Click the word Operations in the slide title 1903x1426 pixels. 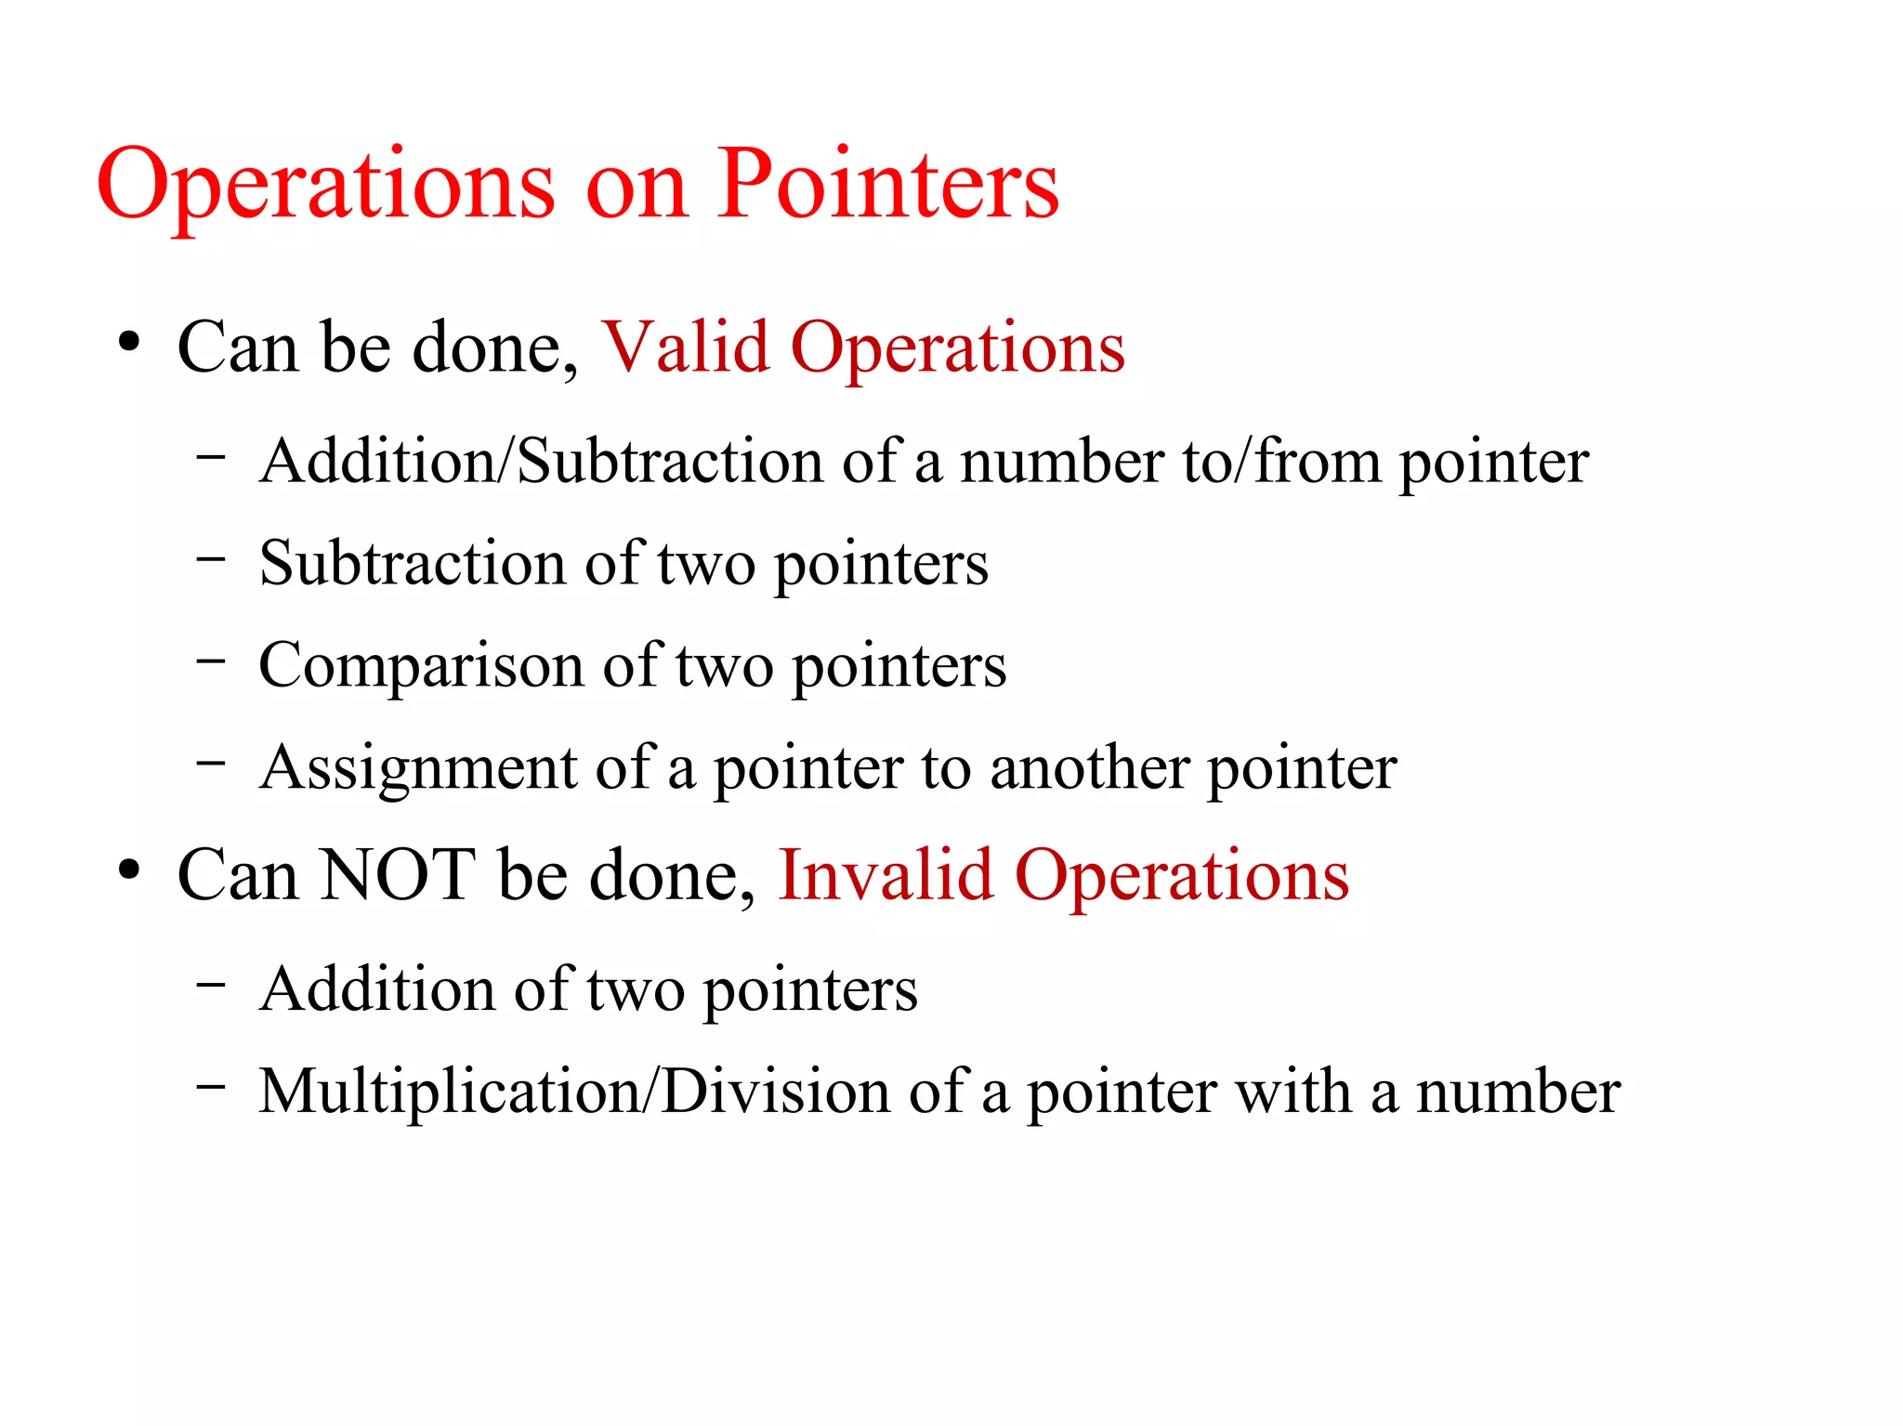(x=326, y=186)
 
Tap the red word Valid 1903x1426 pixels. (x=686, y=347)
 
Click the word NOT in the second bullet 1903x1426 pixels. (x=398, y=875)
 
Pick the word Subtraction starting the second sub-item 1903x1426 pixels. (x=413, y=563)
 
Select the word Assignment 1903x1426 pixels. (x=418, y=768)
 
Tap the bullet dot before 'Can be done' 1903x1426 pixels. (x=129, y=343)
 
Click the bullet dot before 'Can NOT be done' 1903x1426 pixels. (x=129, y=870)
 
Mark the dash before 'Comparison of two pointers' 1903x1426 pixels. (x=211, y=661)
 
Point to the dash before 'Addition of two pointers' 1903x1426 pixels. (x=211, y=984)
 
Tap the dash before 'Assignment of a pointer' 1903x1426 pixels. (x=211, y=763)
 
